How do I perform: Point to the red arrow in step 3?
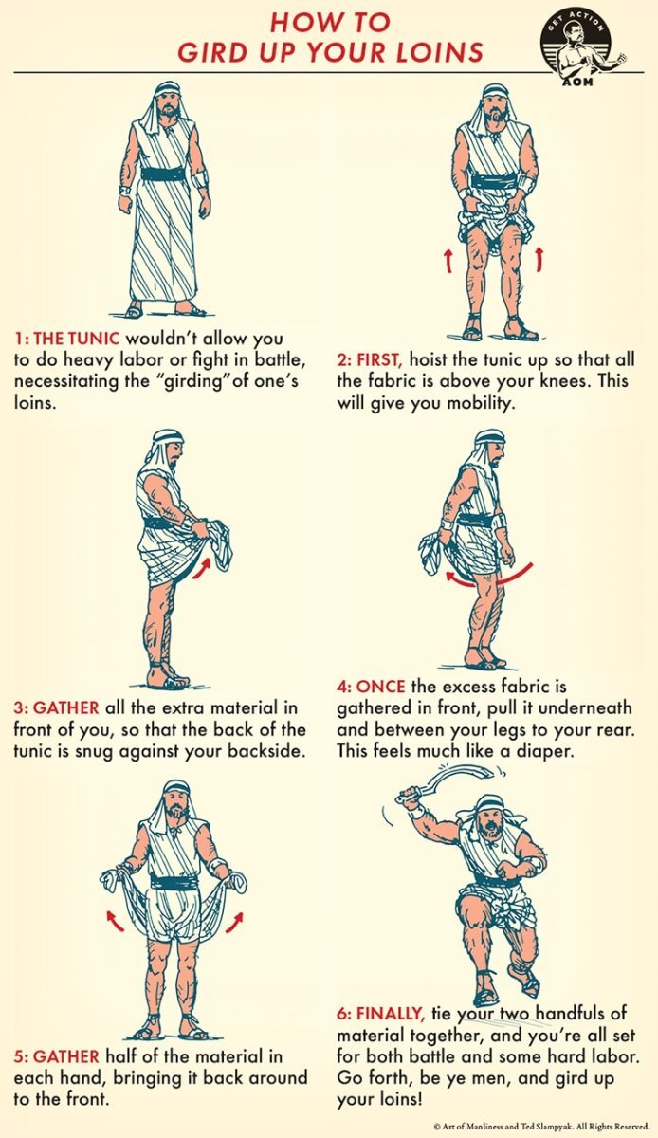202,568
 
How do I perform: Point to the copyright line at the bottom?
541,1127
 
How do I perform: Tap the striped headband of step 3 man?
168,436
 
